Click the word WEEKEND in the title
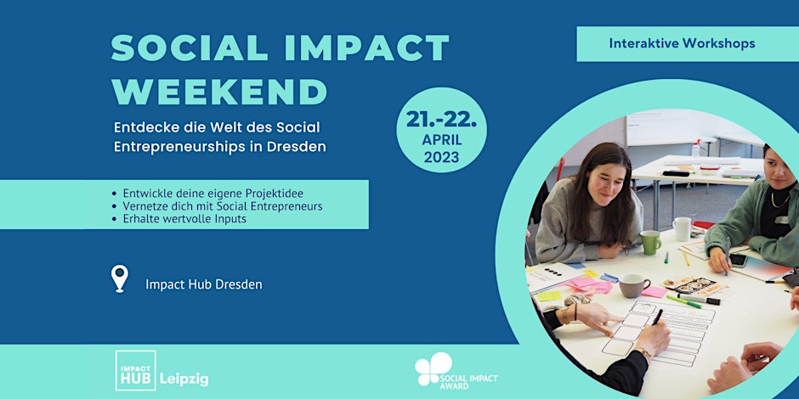219,92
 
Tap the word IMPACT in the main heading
366,48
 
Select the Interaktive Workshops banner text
682,43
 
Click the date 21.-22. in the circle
441,119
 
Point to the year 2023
441,157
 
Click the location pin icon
120,278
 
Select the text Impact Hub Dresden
204,284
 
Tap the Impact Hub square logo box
135,370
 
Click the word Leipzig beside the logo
184,379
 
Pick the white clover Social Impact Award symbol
433,368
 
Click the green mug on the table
650,242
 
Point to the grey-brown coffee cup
633,285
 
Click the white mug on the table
682,228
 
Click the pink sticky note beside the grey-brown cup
654,292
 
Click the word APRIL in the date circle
441,140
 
